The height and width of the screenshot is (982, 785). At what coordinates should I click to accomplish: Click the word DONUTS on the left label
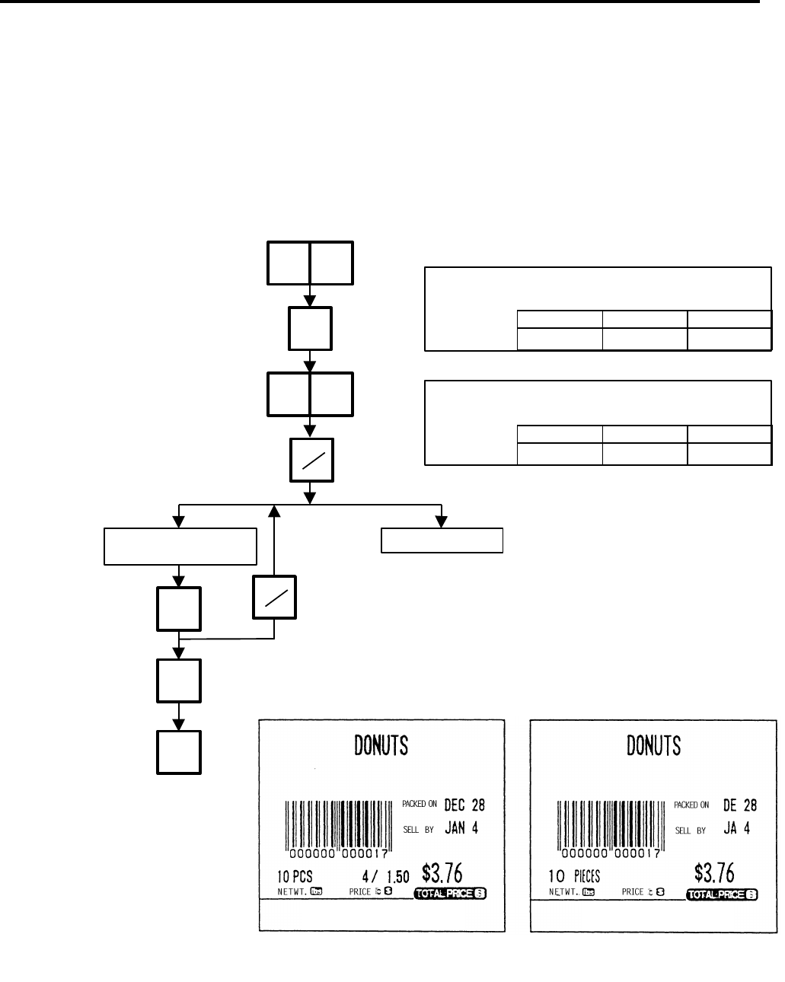click(381, 746)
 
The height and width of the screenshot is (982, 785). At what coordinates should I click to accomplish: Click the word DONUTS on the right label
click(653, 746)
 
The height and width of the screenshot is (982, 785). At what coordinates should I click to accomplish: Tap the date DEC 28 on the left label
click(464, 805)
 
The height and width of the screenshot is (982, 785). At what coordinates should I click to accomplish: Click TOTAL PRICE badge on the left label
click(450, 893)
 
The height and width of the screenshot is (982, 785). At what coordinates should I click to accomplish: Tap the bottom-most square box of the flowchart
click(180, 752)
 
